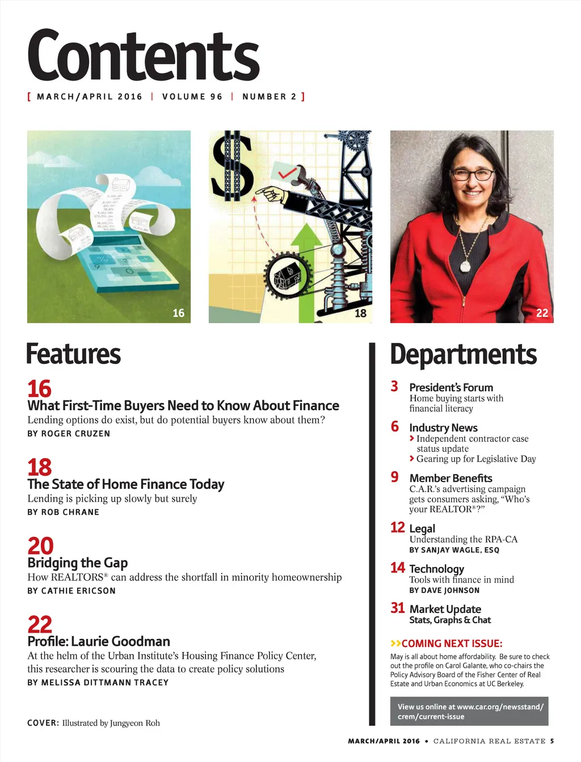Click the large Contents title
coord(143,56)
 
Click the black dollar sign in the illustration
coord(232,165)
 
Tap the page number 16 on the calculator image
coord(178,313)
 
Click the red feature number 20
coord(40,546)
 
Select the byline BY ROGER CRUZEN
coord(69,434)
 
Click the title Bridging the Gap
coord(78,563)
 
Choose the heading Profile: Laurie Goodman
coord(99,641)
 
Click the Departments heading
coord(463,354)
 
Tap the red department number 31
coord(397,608)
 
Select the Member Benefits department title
coord(451,478)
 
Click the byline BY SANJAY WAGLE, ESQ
coord(454,550)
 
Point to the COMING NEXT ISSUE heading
coord(447,644)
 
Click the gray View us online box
coord(469,711)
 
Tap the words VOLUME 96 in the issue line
coord(192,96)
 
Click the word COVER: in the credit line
coord(43,723)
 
